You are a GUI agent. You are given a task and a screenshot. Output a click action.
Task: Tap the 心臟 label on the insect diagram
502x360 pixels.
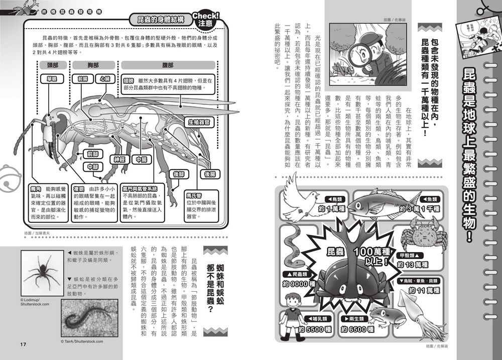click(104, 79)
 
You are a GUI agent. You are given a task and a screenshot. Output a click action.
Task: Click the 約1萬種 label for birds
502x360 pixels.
click(329, 208)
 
